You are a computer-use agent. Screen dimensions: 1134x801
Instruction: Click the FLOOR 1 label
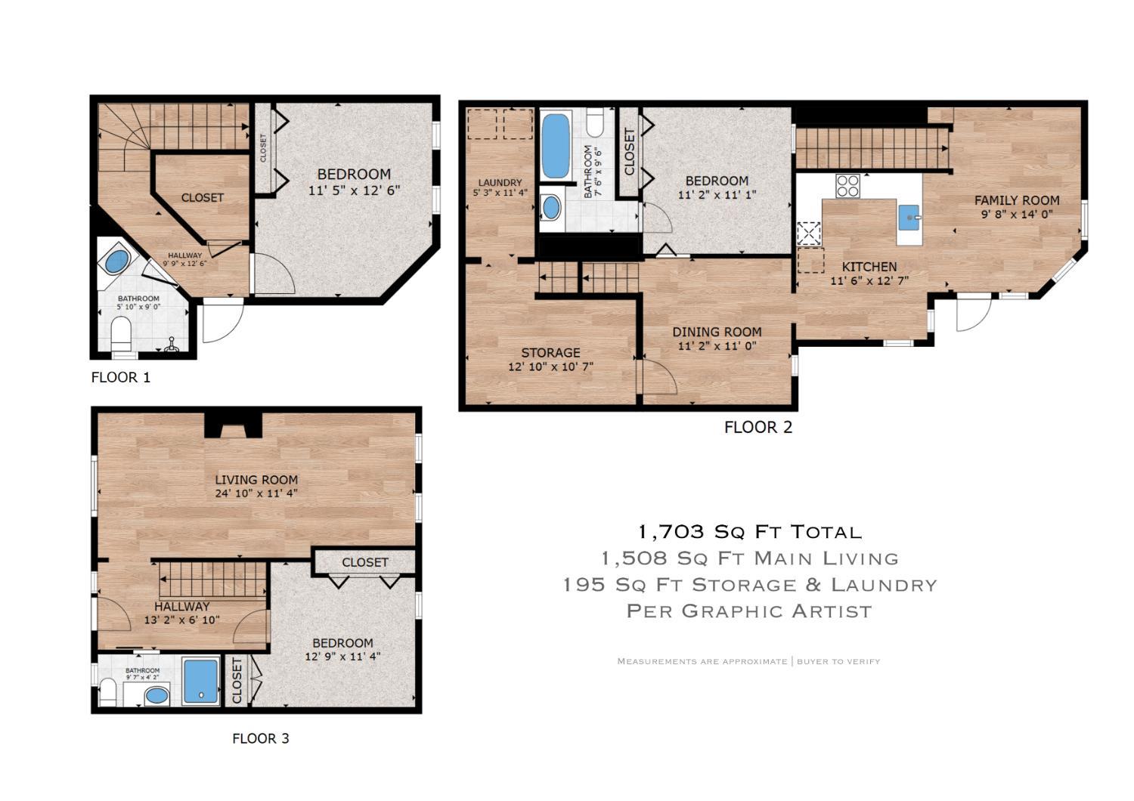pos(121,378)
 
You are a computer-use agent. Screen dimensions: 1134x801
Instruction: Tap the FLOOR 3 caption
pos(261,739)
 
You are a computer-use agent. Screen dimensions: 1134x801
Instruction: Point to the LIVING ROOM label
pos(257,480)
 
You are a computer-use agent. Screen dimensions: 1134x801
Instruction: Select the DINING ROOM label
pos(717,332)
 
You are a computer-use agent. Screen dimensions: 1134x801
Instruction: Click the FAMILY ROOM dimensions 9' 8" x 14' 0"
pos(1017,214)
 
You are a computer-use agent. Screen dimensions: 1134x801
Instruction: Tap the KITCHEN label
pos(869,267)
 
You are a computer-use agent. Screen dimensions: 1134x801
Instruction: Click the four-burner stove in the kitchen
pos(847,186)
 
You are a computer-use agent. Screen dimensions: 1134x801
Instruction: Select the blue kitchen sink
pos(909,218)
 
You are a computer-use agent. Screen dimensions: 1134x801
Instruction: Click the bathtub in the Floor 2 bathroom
pos(556,146)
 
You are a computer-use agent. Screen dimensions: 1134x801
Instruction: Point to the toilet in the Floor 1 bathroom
pos(121,333)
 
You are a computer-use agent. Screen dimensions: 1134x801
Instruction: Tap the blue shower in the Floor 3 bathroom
pos(200,681)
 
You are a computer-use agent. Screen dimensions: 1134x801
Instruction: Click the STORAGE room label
pos(551,353)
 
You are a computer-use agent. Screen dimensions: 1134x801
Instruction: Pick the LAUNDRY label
pos(500,183)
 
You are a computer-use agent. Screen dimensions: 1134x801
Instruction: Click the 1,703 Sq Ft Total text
pos(750,532)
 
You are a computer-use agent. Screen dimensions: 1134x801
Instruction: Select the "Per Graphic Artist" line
pos(749,611)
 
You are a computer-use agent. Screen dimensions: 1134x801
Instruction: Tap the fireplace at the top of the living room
pos(233,425)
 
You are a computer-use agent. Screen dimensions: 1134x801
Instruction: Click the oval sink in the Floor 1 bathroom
pos(117,261)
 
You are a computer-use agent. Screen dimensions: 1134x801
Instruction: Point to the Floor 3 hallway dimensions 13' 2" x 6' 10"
pos(181,620)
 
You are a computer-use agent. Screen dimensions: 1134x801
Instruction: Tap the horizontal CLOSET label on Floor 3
pos(365,562)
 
